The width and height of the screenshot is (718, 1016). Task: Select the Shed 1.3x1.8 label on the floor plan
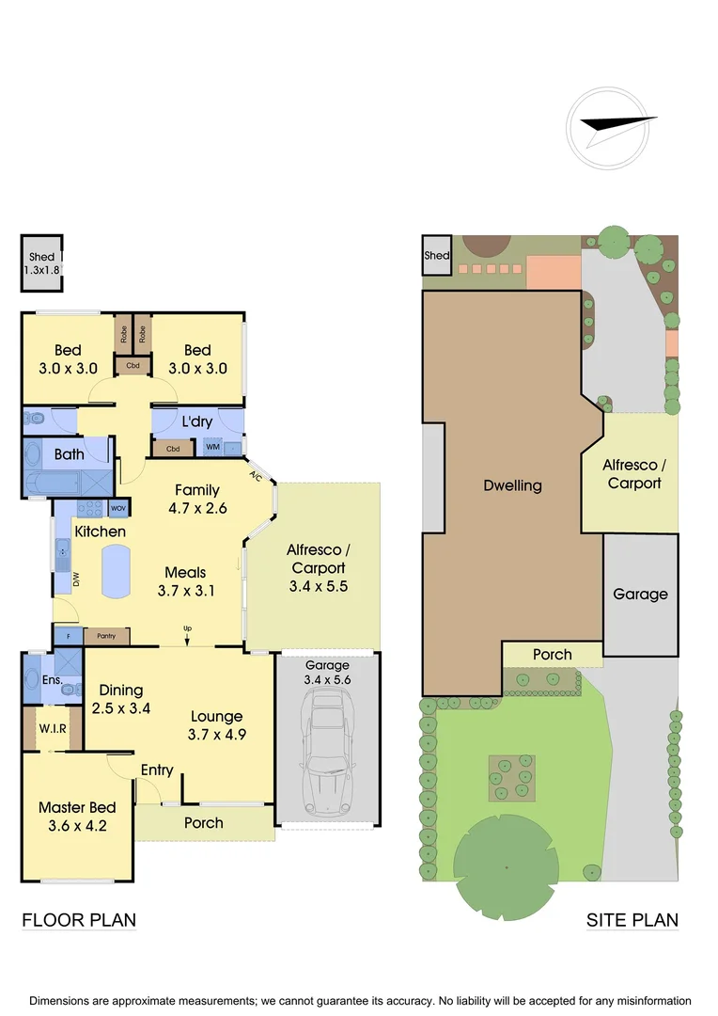pyautogui.click(x=42, y=263)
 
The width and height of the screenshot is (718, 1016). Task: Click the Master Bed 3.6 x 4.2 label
pyautogui.click(x=77, y=818)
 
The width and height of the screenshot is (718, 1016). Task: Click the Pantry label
pyautogui.click(x=106, y=637)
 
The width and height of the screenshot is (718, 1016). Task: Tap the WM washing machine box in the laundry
pyautogui.click(x=212, y=448)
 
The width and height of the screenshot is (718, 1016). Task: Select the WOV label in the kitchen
pyautogui.click(x=118, y=508)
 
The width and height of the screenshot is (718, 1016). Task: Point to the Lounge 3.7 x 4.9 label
pyautogui.click(x=217, y=725)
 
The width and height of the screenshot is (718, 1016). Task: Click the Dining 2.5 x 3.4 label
pyautogui.click(x=121, y=700)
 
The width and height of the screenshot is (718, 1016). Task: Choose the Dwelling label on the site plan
pyautogui.click(x=512, y=486)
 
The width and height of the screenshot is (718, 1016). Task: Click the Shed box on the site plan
pyautogui.click(x=437, y=255)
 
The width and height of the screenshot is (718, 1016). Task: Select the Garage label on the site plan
pyautogui.click(x=640, y=595)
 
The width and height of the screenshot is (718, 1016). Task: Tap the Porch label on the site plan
pyautogui.click(x=552, y=655)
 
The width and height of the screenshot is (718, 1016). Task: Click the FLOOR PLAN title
pyautogui.click(x=79, y=920)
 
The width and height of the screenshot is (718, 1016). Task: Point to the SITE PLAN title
pyautogui.click(x=632, y=920)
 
